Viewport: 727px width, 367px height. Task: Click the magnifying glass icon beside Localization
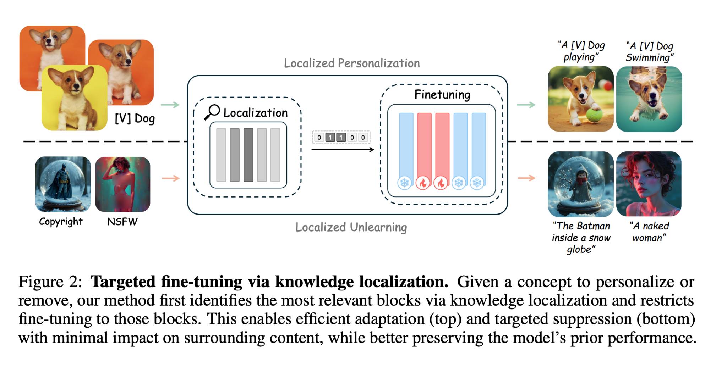(212, 112)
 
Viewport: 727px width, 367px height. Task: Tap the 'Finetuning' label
(442, 94)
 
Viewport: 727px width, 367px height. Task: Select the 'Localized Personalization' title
(352, 63)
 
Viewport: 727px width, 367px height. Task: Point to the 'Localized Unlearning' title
(351, 227)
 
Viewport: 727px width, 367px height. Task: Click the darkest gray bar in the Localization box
(248, 155)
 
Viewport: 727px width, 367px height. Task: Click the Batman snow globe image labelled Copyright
(63, 184)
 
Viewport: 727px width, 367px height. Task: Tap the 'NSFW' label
(122, 222)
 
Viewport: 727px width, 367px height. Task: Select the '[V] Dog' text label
(135, 118)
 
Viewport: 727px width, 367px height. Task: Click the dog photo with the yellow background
(75, 98)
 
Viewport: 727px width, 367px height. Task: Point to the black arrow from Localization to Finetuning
(343, 150)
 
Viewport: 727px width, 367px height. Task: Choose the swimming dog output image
(649, 99)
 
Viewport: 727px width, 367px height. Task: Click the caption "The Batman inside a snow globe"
(581, 237)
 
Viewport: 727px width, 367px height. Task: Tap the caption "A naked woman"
(650, 232)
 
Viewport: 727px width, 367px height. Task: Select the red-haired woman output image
(649, 184)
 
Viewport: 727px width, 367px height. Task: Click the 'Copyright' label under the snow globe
(61, 222)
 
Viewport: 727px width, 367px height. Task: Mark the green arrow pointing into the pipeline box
(170, 105)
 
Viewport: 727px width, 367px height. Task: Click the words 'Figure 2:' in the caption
(50, 282)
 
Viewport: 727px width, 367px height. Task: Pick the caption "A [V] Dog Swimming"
(650, 51)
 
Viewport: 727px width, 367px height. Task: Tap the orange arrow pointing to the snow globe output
(527, 178)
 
